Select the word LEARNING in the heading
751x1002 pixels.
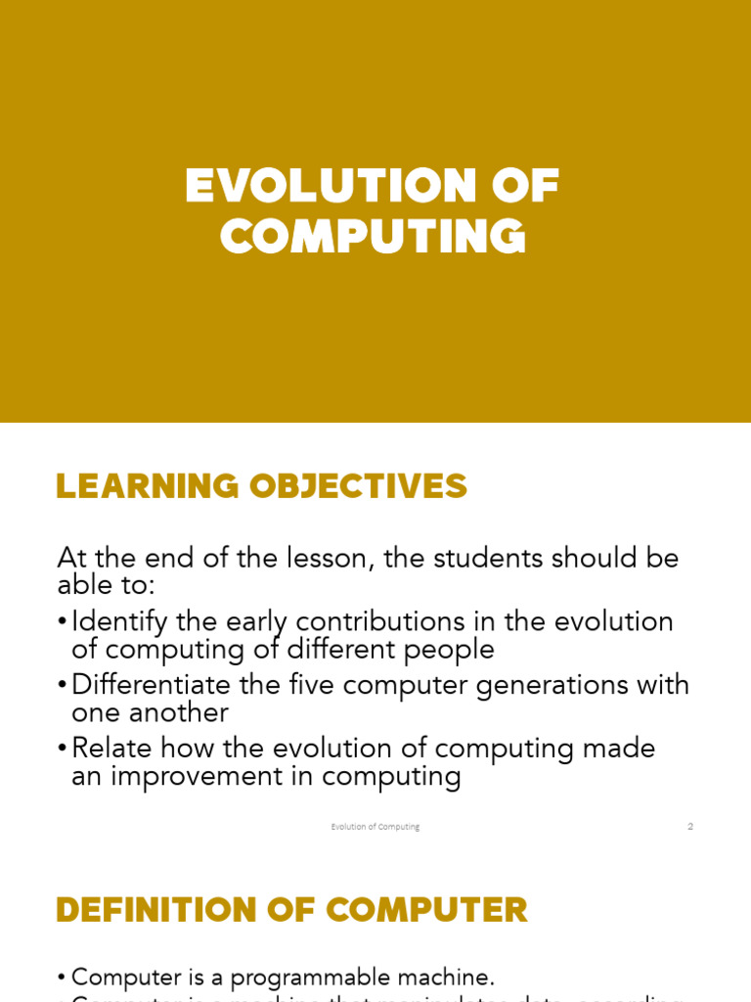point(148,485)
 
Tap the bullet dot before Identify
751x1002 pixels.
point(63,622)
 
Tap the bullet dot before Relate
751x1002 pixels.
point(63,749)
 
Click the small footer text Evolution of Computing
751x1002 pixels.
point(375,827)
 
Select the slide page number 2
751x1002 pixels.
point(690,827)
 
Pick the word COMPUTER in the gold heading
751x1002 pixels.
point(426,910)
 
